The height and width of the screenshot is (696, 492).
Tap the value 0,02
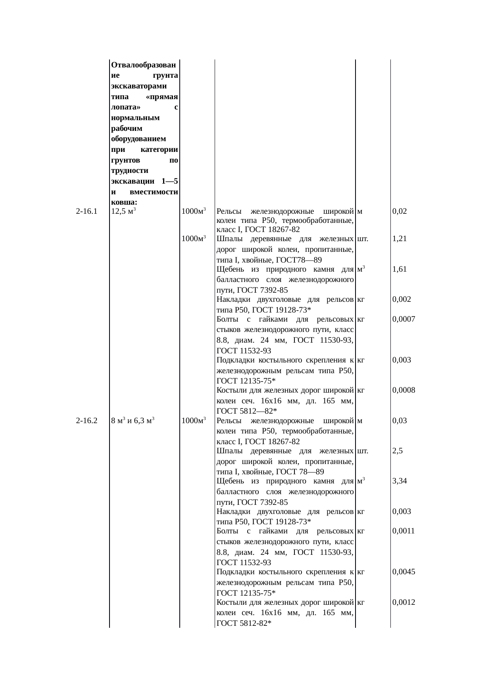[x=399, y=211]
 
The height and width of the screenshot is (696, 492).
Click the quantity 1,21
[x=399, y=239]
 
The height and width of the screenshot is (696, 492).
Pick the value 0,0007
[x=404, y=319]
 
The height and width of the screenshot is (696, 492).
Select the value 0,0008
[x=404, y=390]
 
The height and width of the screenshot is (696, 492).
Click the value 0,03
[x=399, y=421]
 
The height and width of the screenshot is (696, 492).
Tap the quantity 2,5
[x=398, y=451]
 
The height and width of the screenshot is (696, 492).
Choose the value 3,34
[x=399, y=481]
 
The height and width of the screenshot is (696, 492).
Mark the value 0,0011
[x=404, y=531]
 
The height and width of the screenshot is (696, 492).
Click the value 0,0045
[x=404, y=571]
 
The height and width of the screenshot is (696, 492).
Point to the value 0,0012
[x=404, y=602]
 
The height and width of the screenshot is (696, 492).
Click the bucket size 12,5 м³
[x=124, y=211]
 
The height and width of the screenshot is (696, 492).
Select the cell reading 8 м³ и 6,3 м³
[x=133, y=421]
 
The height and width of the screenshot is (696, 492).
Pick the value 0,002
[x=401, y=299]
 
